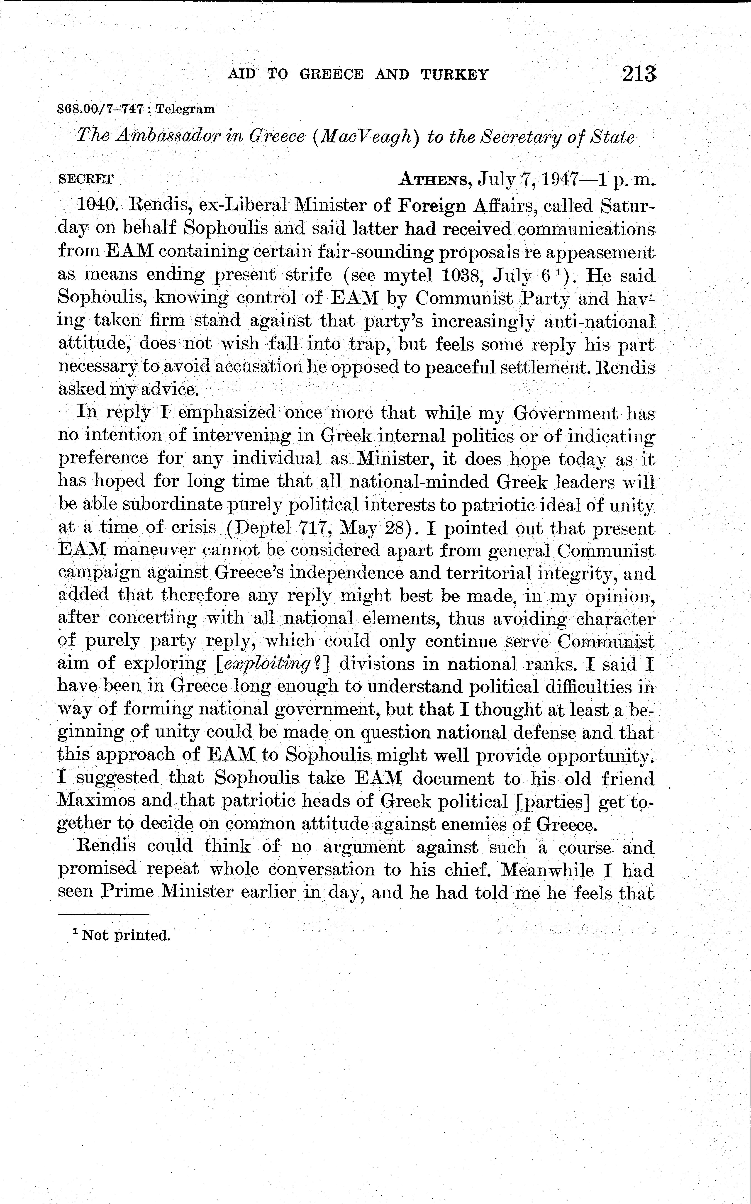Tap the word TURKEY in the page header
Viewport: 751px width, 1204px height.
click(454, 75)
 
